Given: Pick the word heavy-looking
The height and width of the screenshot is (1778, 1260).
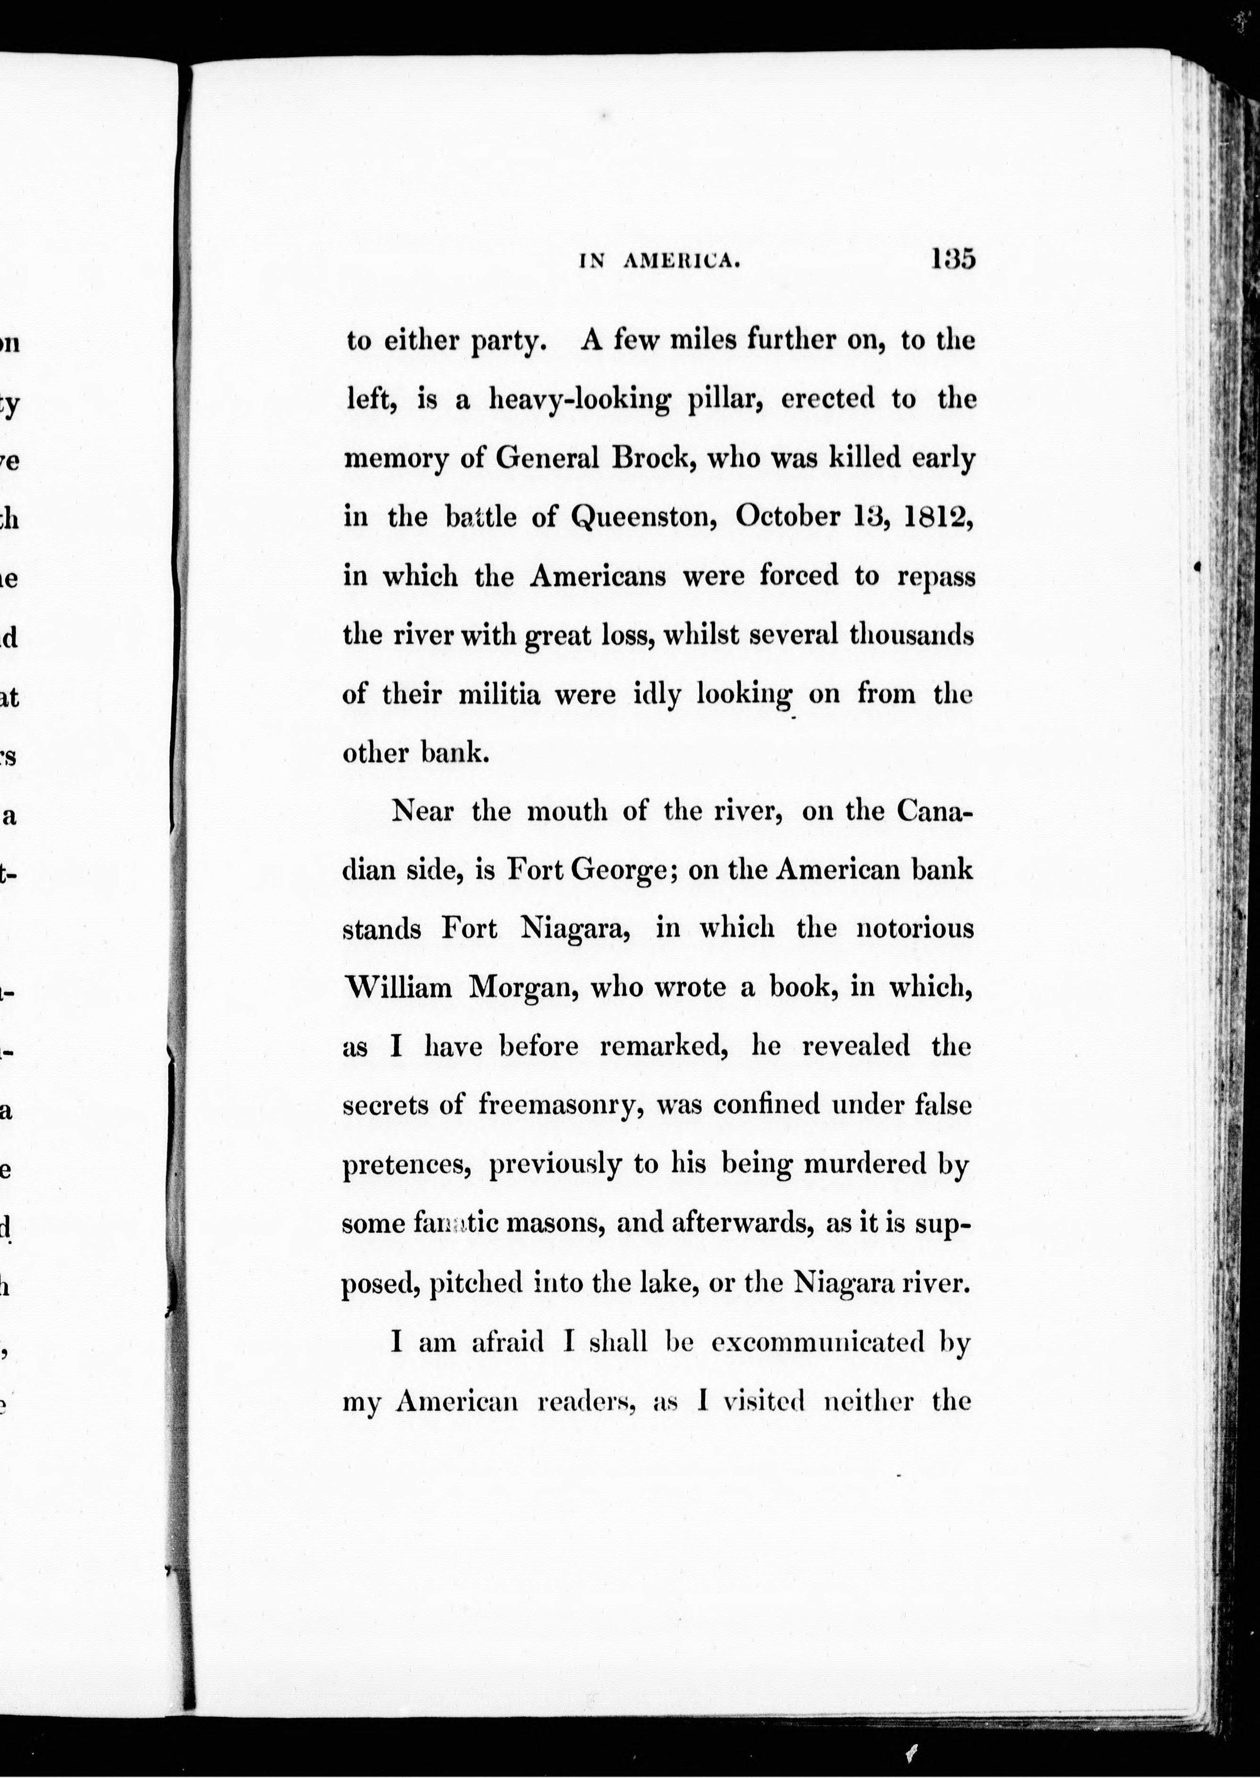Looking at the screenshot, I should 580,400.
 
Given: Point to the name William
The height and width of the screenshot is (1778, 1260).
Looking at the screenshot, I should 398,988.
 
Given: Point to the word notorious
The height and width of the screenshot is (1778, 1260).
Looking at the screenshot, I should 915,929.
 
